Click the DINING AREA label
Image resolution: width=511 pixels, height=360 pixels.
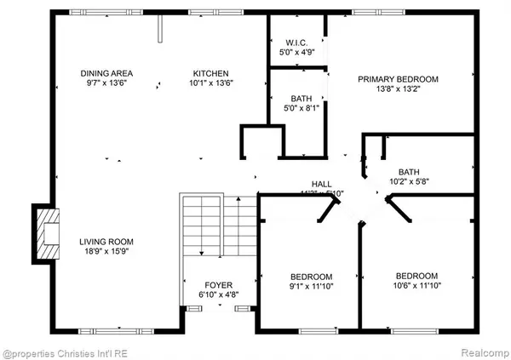(106, 72)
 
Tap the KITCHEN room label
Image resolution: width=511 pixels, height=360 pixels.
(210, 72)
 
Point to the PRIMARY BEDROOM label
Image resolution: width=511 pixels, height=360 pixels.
(398, 79)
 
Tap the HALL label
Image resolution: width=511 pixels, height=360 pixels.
(320, 183)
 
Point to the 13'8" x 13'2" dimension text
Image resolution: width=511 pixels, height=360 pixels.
(398, 90)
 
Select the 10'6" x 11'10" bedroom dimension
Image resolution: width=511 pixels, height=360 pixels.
(416, 287)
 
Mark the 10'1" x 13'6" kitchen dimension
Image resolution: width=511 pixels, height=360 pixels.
(210, 83)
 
